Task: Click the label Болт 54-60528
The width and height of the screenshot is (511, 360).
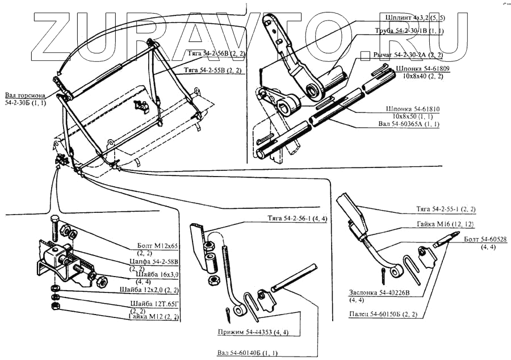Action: pos(486,240)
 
